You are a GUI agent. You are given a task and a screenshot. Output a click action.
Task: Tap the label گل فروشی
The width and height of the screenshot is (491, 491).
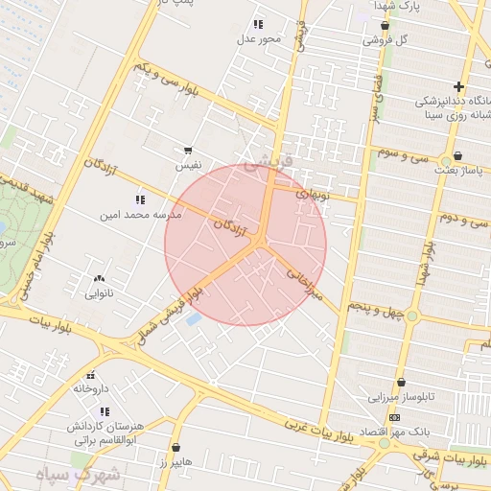pos(386,40)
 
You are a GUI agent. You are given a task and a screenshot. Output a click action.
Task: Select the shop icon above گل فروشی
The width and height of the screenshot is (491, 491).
pos(385,26)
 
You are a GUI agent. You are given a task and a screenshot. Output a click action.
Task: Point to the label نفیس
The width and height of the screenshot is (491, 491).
pos(188,166)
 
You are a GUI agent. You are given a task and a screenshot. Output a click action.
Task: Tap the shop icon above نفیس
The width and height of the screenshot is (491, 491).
pos(188,152)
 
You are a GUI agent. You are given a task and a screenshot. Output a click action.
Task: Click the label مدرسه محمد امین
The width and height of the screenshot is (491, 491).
pos(141,216)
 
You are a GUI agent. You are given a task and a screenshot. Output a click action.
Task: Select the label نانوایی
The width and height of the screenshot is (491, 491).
pos(100,293)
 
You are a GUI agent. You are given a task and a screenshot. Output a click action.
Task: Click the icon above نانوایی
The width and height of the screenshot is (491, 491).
pos(99,279)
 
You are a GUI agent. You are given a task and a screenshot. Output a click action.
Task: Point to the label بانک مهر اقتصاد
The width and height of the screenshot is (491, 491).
pos(396,432)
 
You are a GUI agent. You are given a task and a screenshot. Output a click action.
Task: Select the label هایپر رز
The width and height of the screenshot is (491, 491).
pos(176,462)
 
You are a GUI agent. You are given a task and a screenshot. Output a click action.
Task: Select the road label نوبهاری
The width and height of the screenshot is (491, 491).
pos(312,194)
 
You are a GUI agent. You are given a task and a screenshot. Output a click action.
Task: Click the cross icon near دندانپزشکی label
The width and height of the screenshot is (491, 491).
pos(459,87)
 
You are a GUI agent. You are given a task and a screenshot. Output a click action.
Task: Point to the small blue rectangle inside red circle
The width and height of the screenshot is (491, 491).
pos(193,317)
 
